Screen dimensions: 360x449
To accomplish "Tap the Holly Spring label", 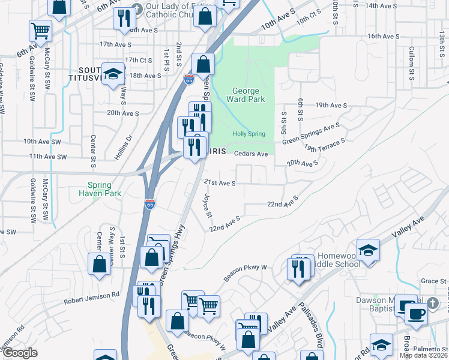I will pyautogui.click(x=249, y=134).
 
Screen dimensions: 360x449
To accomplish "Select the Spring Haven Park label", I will pyautogui.click(x=100, y=189).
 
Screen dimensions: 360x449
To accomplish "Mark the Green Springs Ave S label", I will pyautogui.click(x=311, y=134).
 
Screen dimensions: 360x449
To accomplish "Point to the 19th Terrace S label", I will pyautogui.click(x=325, y=145).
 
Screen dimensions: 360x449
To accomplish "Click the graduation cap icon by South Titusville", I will pyautogui.click(x=112, y=74).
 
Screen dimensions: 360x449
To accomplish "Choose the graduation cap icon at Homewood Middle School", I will pyautogui.click(x=368, y=249).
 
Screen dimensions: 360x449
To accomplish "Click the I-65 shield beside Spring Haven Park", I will pyautogui.click(x=150, y=205).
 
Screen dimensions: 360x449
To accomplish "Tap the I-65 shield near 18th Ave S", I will pyautogui.click(x=188, y=79).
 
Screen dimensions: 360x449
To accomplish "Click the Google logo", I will pyautogui.click(x=20, y=353).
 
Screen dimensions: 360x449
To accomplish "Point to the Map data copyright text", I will pyautogui.click(x=424, y=355).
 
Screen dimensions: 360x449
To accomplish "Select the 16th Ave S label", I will pyautogui.click(x=383, y=36).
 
